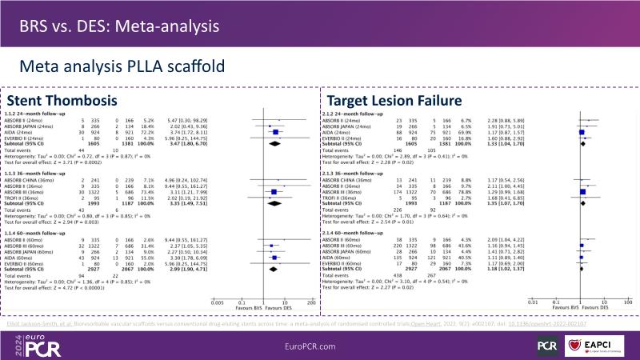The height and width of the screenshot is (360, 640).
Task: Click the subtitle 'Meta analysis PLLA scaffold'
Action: (117, 66)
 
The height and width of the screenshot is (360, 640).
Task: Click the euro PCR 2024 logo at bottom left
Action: (37, 343)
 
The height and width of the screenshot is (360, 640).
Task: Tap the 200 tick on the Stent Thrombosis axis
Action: (309, 303)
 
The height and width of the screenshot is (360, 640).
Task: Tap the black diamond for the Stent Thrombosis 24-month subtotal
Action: (275, 144)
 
